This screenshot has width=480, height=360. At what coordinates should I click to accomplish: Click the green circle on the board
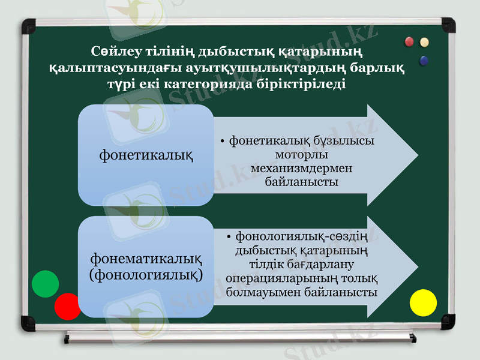pyautogui.click(x=45, y=284)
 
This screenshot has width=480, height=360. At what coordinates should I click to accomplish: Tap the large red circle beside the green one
pyautogui.click(x=67, y=306)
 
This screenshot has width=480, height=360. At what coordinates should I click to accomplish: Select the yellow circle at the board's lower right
pyautogui.click(x=423, y=302)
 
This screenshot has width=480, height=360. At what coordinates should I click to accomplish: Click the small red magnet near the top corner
pyautogui.click(x=410, y=41)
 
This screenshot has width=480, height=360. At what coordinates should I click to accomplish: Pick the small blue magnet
pyautogui.click(x=425, y=60)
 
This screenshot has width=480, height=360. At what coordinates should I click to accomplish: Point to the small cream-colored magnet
pyautogui.click(x=425, y=42)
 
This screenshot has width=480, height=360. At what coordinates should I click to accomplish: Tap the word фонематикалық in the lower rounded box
pyautogui.click(x=145, y=259)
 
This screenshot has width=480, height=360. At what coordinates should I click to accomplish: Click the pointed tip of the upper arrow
pyautogui.click(x=416, y=155)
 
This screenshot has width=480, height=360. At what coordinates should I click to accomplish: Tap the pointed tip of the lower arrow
pyautogui.click(x=416, y=267)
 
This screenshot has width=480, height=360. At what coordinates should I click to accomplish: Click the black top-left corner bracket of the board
pyautogui.click(x=28, y=26)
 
